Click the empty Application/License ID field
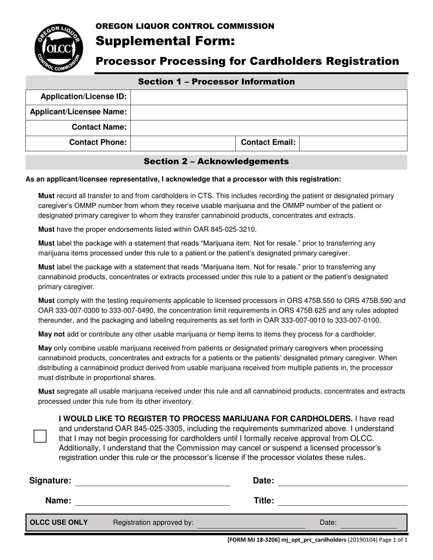269,97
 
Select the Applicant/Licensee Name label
78,112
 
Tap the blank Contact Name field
269,127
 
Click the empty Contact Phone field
183,143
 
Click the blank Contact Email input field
353,143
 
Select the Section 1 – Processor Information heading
216,82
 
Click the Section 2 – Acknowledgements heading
216,162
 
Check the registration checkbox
40,436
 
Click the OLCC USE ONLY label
59,523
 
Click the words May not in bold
51,334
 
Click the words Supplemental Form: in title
165,42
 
